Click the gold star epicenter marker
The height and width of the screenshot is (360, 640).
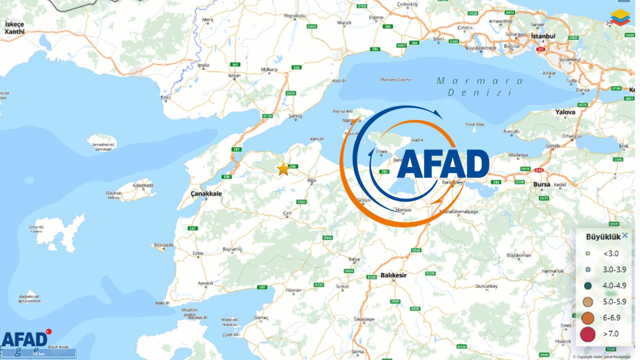[283, 169]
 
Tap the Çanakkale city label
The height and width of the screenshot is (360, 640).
[205, 193]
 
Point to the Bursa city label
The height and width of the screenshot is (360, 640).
[541, 184]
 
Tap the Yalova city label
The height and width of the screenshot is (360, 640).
[565, 112]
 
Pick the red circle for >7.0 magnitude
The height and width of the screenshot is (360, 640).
[587, 333]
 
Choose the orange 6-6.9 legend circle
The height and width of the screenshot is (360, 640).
[587, 317]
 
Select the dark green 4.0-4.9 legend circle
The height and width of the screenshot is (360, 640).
[587, 285]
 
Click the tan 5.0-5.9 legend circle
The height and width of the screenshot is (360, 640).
[587, 301]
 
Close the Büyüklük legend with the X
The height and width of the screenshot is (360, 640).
[624, 235]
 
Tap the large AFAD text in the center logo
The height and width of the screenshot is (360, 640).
[443, 164]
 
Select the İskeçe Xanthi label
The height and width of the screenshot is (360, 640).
[14, 27]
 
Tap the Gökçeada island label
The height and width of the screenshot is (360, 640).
[143, 186]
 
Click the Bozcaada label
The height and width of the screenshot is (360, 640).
[163, 245]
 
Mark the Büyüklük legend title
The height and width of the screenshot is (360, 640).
[603, 236]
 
